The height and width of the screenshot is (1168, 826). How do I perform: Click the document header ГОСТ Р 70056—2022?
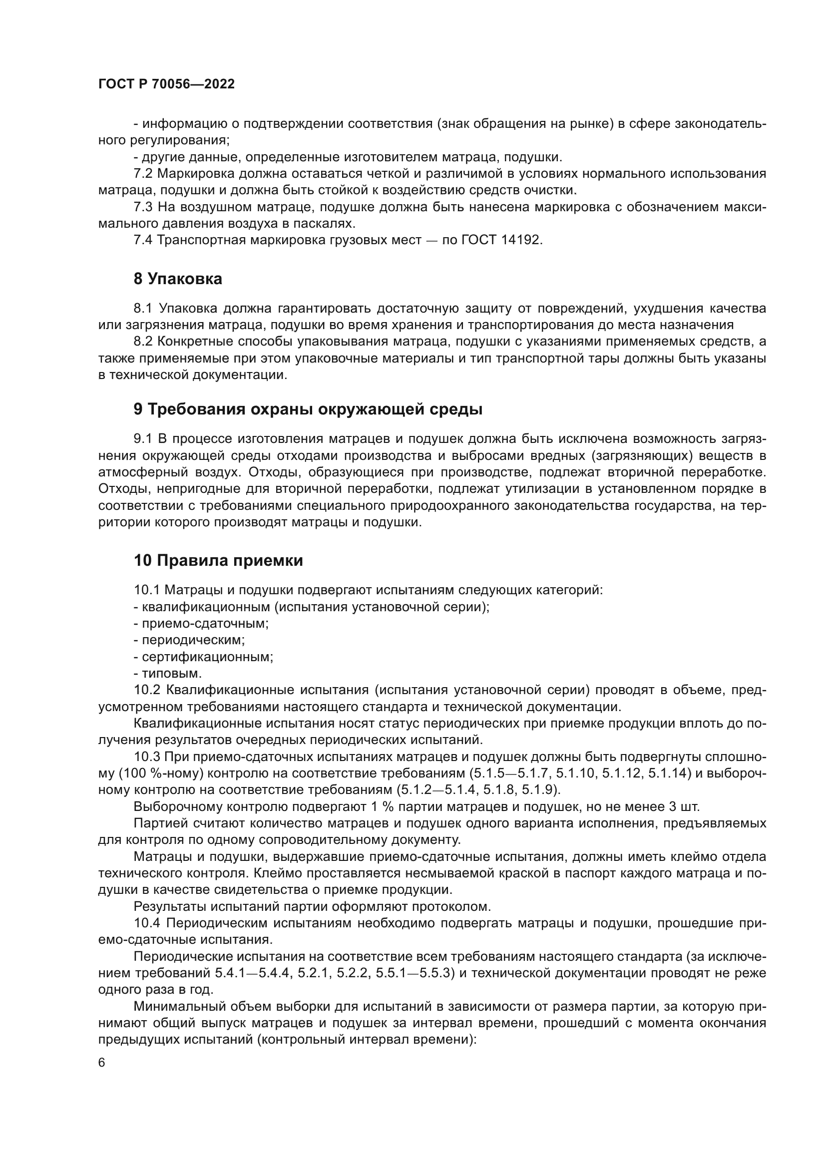[166, 84]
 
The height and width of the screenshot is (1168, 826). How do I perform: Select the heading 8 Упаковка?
[177, 279]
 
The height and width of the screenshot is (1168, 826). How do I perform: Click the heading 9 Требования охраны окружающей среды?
[308, 409]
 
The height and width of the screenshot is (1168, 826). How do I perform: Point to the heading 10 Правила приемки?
[218, 560]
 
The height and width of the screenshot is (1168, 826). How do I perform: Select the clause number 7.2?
[143, 173]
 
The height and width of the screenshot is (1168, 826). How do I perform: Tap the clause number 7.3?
[143, 207]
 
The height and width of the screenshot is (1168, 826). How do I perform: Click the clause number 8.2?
[143, 342]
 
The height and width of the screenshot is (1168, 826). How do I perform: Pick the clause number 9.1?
[143, 439]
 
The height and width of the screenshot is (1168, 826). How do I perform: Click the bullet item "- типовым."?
[168, 674]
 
